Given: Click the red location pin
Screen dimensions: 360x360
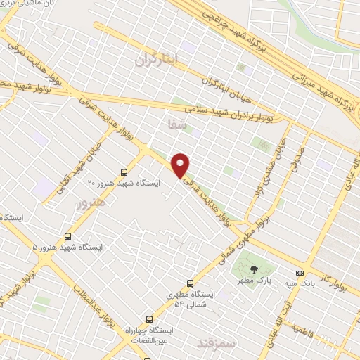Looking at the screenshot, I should coord(181,165).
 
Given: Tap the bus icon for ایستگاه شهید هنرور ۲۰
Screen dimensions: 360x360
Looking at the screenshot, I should coord(124,172).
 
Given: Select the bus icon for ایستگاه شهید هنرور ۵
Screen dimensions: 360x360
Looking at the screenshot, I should coord(68,236).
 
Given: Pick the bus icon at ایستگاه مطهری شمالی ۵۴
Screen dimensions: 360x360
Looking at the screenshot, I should coord(189,284).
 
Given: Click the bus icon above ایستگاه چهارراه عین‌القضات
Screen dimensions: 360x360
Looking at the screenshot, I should coord(148,318).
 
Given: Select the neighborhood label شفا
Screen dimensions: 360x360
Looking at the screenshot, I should coord(172,123).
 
